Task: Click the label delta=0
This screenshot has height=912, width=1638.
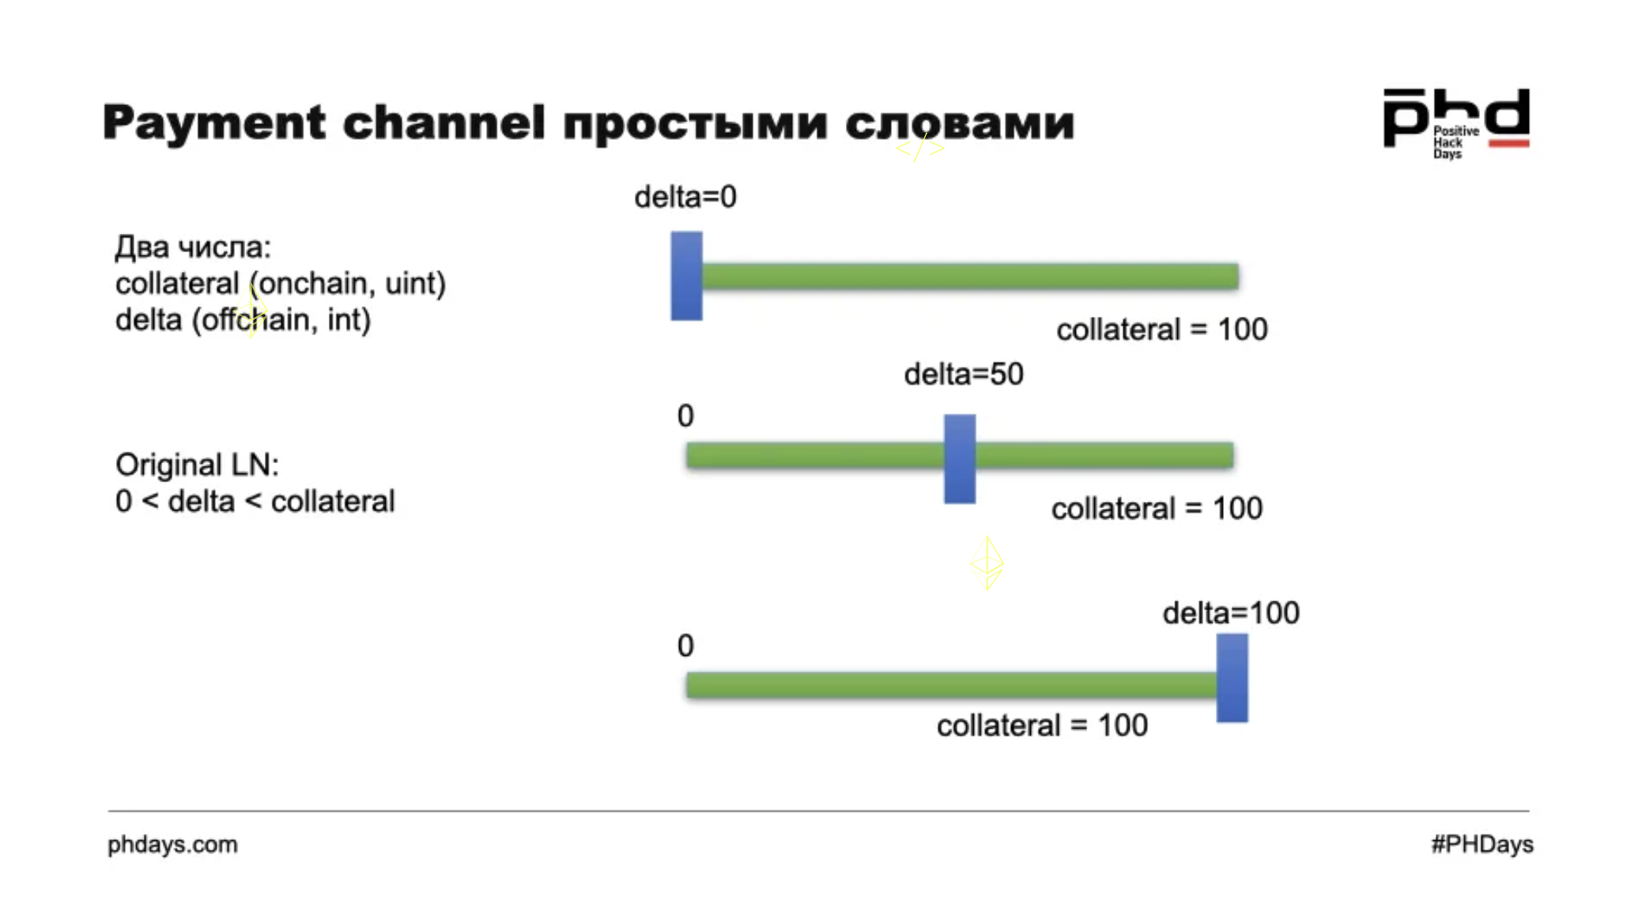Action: coord(685,197)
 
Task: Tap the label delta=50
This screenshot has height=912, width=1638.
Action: coord(963,374)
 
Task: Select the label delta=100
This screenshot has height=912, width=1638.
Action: coord(1230,613)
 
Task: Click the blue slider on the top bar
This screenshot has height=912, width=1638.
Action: coord(686,276)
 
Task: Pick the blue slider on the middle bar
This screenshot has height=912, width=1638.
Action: coord(959,458)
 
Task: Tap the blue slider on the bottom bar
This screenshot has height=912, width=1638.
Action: coord(1232,678)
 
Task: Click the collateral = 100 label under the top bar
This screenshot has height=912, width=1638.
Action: coord(1161,330)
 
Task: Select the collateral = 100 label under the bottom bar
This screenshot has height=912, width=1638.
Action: coord(1042,725)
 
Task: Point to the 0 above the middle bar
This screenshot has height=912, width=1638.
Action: coord(685,416)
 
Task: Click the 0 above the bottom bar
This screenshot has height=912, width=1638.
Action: coord(685,646)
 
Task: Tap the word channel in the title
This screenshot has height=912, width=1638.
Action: coord(443,122)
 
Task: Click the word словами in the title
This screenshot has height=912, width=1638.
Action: coord(959,124)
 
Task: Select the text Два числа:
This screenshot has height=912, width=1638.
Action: coord(193,247)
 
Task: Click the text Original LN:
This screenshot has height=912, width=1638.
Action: coord(197,465)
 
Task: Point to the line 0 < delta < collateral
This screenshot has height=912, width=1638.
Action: coord(255,501)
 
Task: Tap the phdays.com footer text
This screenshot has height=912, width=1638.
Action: coord(172,844)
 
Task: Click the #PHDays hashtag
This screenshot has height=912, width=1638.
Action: coord(1481,844)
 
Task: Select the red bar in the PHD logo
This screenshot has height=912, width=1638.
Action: coord(1508,144)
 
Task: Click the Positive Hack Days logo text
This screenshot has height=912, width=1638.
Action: coord(1455,142)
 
